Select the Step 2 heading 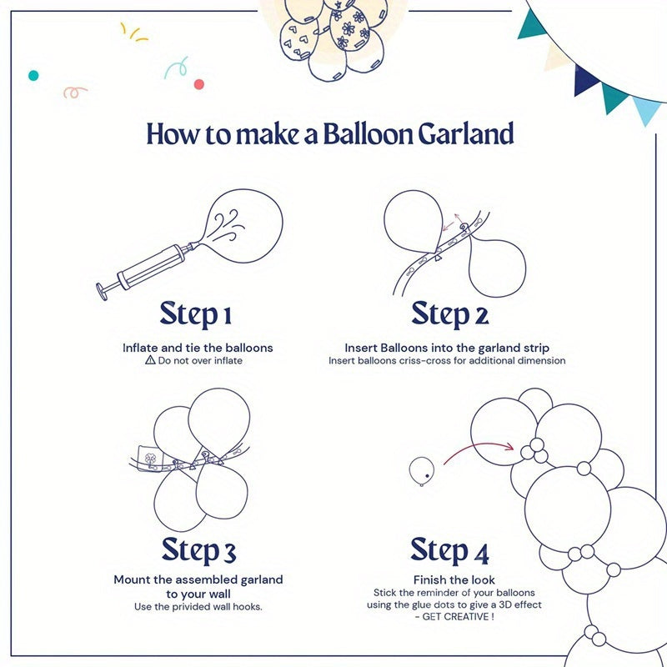pyautogui.click(x=449, y=315)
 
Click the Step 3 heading pyautogui.click(x=198, y=550)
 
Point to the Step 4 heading pyautogui.click(x=449, y=550)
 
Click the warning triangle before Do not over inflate pyautogui.click(x=150, y=361)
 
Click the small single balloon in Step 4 pyautogui.click(x=421, y=470)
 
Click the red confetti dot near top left pyautogui.click(x=198, y=84)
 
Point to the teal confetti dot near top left pyautogui.click(x=33, y=75)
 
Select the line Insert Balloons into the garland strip pyautogui.click(x=447, y=348)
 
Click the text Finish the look pyautogui.click(x=454, y=579)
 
